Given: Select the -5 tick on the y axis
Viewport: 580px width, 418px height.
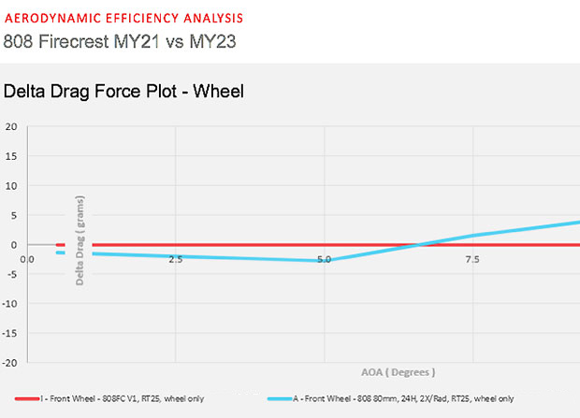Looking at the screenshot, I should pos(11,273).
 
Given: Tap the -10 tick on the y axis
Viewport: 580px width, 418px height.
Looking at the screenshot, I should pos(10,303).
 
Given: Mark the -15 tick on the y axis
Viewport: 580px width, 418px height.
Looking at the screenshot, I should pos(10,332).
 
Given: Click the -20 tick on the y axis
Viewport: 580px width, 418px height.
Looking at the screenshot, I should pos(10,361).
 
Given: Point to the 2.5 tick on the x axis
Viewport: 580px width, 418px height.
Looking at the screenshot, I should pos(175,259).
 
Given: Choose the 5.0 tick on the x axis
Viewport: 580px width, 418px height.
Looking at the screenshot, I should pos(324,259).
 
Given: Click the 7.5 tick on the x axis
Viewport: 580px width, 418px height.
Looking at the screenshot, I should pos(472,259).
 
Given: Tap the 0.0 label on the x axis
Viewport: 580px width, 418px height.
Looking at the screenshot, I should pos(27,259).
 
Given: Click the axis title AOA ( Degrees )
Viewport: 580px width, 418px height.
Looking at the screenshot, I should pos(399,371).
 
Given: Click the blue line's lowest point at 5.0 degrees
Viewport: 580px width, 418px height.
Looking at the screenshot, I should pos(325,261).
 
